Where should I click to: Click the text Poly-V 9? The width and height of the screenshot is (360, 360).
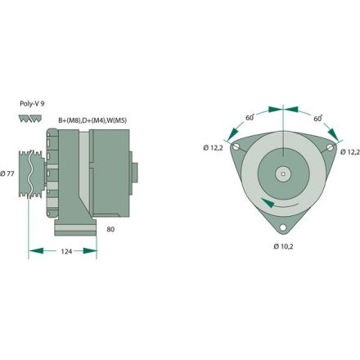[x=32, y=104]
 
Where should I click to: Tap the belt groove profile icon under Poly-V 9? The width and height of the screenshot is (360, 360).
[x=27, y=119]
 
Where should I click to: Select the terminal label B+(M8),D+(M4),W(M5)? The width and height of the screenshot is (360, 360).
[x=92, y=120]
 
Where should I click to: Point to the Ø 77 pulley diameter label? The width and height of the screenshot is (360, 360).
[x=9, y=173]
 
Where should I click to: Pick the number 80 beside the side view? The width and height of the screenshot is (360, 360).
[x=110, y=230]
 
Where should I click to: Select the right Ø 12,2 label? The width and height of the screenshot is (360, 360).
[x=349, y=151]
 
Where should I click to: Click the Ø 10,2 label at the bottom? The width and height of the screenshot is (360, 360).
[x=282, y=246]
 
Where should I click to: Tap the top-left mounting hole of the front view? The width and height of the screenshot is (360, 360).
[x=237, y=147]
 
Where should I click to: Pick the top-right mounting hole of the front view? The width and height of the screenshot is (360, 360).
[x=328, y=148]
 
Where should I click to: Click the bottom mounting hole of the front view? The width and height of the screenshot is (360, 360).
[x=283, y=227]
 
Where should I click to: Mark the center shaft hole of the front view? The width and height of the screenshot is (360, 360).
[x=282, y=173]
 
